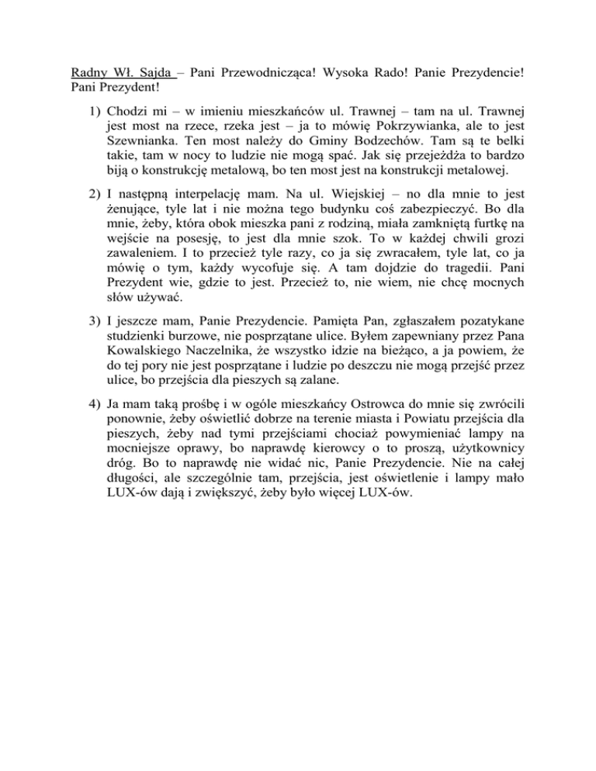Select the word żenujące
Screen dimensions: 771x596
click(135, 224)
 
